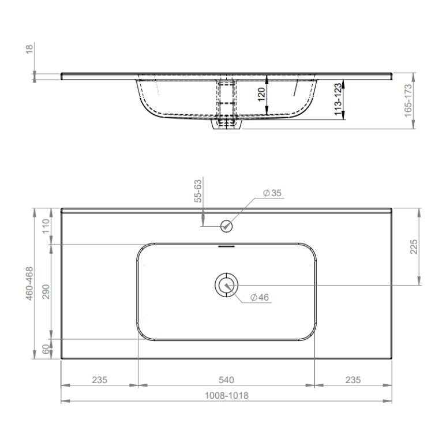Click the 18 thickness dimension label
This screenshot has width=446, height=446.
point(29,48)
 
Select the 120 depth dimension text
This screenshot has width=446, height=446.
point(261,95)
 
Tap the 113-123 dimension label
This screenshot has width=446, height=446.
point(338,99)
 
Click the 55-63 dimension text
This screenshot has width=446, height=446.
point(198,191)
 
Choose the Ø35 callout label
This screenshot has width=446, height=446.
point(272,193)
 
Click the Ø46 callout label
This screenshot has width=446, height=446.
point(260,297)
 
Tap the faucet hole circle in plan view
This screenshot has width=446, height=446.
point(227,226)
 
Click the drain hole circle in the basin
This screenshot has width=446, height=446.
point(226,285)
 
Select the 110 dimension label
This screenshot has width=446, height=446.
point(46,226)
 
